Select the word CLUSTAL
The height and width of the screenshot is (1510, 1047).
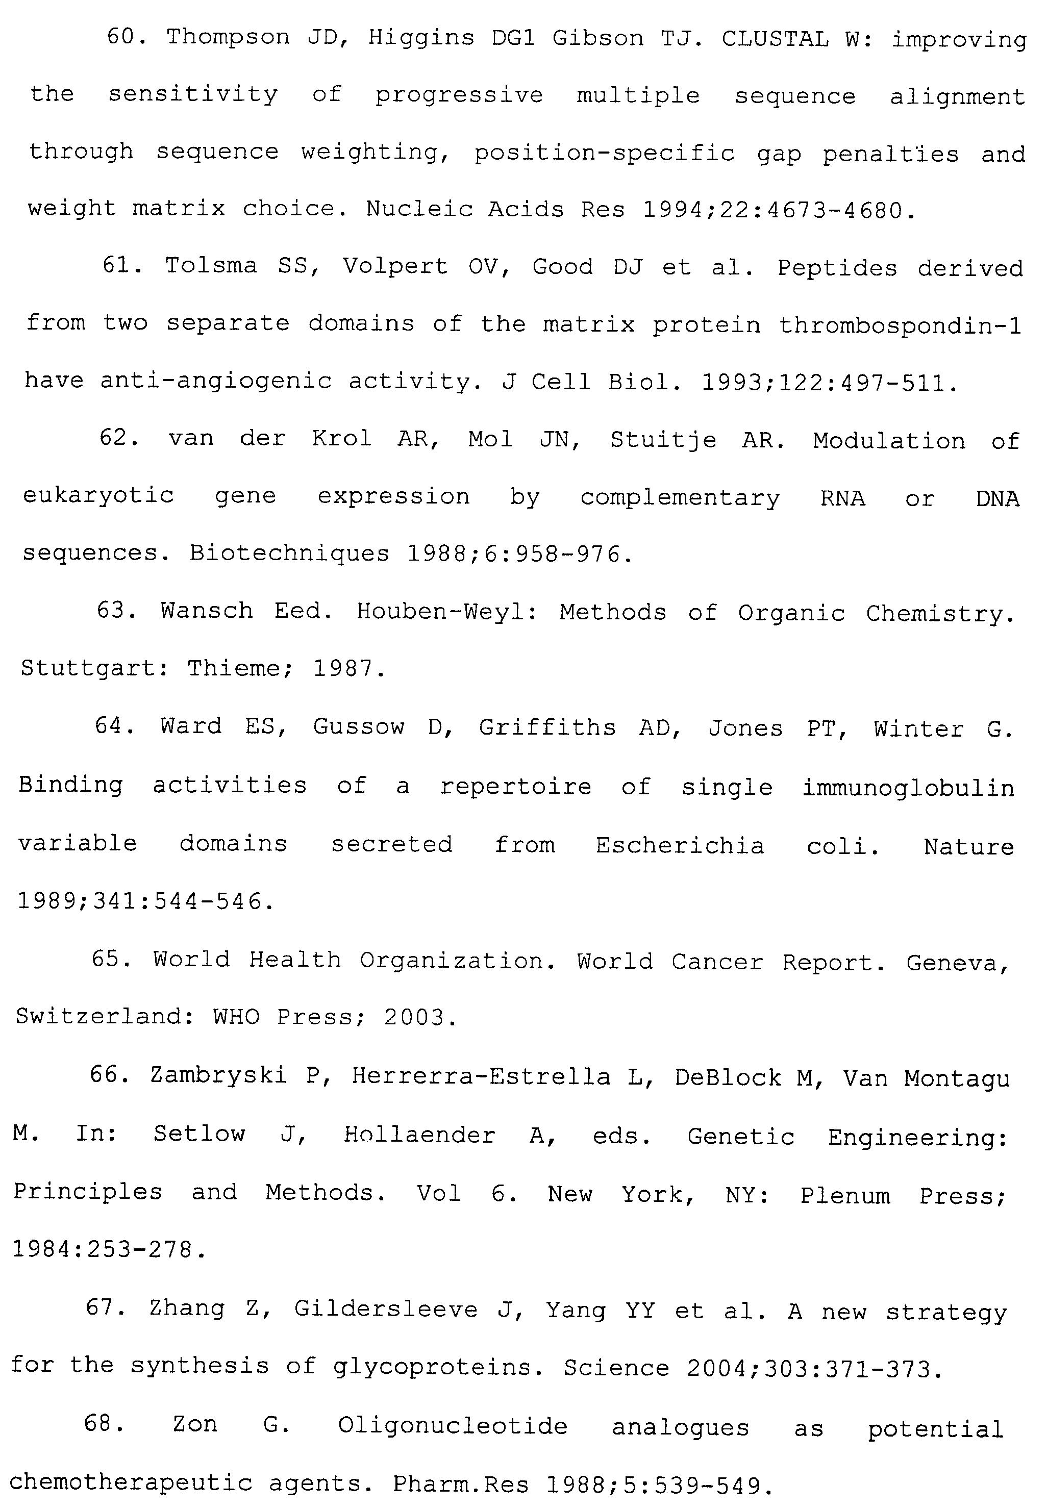click(x=775, y=39)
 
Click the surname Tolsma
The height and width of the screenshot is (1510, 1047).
click(x=211, y=266)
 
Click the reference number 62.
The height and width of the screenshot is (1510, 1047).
click(x=117, y=438)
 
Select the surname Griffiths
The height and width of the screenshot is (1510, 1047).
click(x=547, y=727)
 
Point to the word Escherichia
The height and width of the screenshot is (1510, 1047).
click(x=680, y=845)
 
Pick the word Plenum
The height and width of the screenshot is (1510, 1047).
click(x=845, y=1195)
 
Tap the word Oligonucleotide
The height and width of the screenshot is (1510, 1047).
click(x=452, y=1426)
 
